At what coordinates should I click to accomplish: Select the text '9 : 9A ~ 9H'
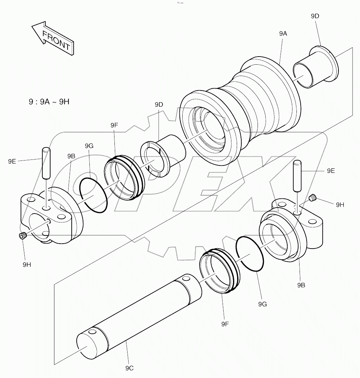point(49,102)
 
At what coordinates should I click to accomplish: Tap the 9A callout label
point(283,34)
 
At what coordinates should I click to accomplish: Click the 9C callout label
point(129,368)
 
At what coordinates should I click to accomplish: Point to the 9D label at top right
point(315,16)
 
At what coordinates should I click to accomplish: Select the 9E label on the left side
point(12,161)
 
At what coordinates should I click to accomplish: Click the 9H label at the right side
point(340,204)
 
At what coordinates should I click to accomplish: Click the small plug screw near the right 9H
point(312,198)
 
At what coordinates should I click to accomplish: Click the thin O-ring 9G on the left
point(93,194)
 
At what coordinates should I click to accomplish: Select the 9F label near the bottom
point(225,324)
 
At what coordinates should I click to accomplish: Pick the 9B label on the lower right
point(301,285)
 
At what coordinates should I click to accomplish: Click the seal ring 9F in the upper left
point(125,177)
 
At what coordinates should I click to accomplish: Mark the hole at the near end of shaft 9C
point(92,332)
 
